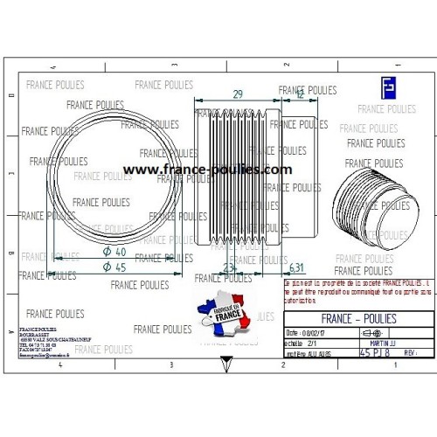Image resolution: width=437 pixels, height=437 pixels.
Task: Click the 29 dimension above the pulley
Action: (x=239, y=93)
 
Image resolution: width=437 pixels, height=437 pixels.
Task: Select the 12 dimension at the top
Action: (x=300, y=95)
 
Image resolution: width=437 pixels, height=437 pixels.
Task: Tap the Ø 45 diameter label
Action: (x=114, y=267)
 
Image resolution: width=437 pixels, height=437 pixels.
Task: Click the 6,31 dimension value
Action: (x=296, y=267)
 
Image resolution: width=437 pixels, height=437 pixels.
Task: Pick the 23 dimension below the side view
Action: (x=229, y=268)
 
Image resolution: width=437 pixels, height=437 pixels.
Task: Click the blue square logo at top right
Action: (x=387, y=87)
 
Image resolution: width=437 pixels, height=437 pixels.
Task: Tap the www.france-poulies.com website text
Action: (x=207, y=170)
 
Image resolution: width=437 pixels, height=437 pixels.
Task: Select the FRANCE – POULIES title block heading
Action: (x=358, y=318)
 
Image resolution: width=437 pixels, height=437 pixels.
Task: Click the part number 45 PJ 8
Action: (x=373, y=353)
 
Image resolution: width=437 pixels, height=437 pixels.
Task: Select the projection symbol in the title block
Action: (x=371, y=333)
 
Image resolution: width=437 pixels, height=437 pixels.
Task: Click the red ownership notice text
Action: (x=358, y=290)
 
